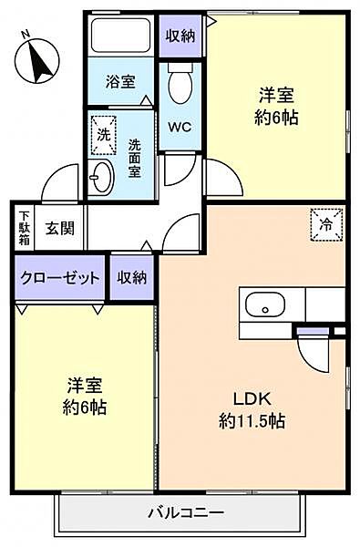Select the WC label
(x=180, y=127)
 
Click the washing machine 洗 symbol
(x=104, y=132)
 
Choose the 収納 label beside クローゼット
(x=131, y=279)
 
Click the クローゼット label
(x=60, y=279)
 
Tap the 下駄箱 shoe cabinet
(x=24, y=228)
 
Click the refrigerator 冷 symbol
(x=324, y=224)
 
